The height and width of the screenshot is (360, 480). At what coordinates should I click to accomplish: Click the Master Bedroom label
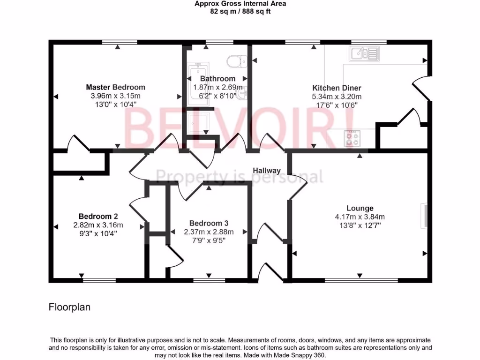115,87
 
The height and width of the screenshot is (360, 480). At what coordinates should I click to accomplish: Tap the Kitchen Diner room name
337,88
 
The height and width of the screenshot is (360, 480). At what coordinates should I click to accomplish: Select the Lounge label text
360,208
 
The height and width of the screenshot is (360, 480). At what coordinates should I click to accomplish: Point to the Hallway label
267,171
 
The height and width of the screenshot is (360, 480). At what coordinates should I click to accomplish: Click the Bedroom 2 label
98,216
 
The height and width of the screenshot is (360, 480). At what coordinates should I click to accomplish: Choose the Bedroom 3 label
209,223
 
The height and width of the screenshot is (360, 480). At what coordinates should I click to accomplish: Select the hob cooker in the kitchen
352,137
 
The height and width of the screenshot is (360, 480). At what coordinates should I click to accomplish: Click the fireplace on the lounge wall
425,216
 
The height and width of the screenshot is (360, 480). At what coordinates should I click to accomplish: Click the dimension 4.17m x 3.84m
360,217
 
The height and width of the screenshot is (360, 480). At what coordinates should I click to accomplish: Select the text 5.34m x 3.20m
337,97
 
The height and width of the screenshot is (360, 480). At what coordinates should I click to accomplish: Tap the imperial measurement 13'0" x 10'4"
115,105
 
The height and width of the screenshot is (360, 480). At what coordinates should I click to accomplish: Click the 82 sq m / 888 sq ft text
240,11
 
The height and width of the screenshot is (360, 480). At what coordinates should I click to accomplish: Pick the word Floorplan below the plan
69,307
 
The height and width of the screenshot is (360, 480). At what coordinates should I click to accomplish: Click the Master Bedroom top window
117,42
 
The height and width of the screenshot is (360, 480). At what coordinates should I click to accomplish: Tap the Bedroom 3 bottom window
209,280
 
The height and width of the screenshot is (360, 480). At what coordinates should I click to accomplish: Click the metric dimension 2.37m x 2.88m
209,232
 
